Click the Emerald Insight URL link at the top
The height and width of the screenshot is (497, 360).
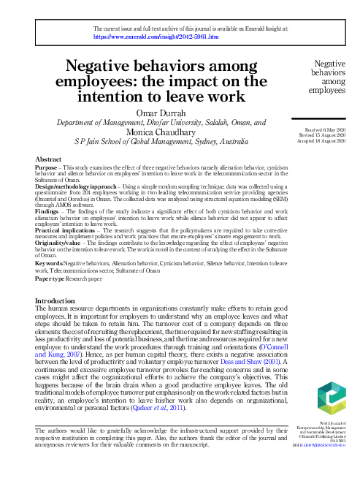156,35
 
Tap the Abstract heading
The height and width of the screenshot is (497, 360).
48,159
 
